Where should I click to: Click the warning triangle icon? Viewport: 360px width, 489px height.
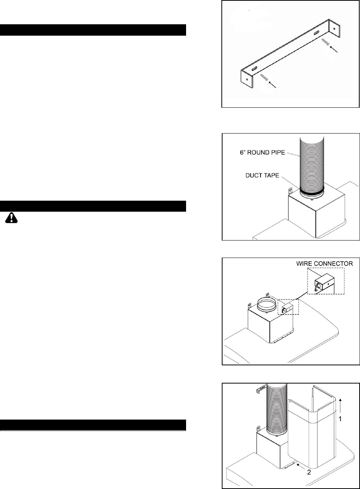click(x=11, y=218)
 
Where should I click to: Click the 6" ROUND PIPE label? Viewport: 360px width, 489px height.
click(x=262, y=153)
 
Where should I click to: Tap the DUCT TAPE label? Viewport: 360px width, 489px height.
click(x=262, y=176)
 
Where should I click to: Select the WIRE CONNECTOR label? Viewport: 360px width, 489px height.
click(x=324, y=264)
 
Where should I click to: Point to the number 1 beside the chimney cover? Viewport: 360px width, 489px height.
click(x=340, y=418)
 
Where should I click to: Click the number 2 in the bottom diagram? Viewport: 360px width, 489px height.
click(x=309, y=472)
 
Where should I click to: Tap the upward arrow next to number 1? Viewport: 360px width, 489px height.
click(x=340, y=406)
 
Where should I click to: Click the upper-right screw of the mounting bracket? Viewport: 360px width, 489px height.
click(x=325, y=42)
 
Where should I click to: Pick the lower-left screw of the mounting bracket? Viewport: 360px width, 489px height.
click(x=264, y=77)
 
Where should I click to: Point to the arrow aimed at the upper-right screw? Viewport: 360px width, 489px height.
click(x=333, y=49)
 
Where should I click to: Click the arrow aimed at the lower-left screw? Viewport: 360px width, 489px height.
click(x=272, y=85)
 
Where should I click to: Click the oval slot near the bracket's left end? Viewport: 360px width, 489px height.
click(x=254, y=69)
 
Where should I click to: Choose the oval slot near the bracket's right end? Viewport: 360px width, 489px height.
click(x=316, y=33)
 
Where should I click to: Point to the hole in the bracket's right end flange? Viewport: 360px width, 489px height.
click(x=334, y=28)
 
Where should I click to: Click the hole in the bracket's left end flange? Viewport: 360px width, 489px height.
click(x=247, y=79)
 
